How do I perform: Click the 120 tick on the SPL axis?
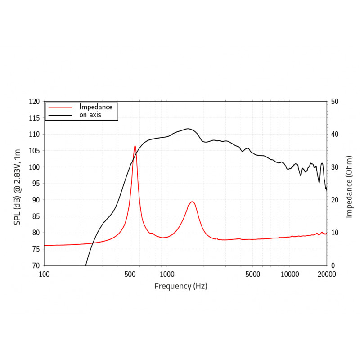[x=35, y=102]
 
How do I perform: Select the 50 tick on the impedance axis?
[x=334, y=102]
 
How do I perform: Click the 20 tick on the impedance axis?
[x=334, y=200]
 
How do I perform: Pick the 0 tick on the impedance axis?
[x=333, y=265]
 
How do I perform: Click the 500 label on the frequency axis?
[x=130, y=274]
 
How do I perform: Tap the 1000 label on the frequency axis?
[x=167, y=274]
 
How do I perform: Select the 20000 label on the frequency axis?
[x=326, y=274]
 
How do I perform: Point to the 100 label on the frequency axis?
[x=44, y=274]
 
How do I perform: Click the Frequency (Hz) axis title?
[x=181, y=286]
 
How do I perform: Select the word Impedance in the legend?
[x=96, y=107]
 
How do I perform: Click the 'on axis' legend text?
[x=90, y=115]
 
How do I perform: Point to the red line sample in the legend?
[x=60, y=108]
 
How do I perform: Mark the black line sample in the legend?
[x=60, y=115]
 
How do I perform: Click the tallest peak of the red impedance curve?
[x=135, y=146]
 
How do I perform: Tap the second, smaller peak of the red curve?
[x=192, y=202]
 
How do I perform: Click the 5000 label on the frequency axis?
[x=253, y=274]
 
